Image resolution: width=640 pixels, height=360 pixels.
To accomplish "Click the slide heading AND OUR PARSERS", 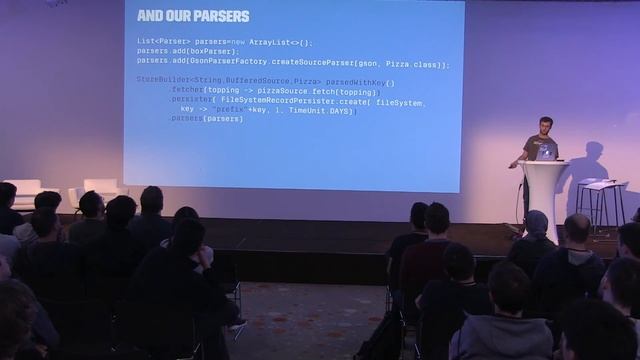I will click(x=193, y=16).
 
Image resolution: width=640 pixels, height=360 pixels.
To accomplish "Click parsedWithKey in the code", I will click(x=359, y=81).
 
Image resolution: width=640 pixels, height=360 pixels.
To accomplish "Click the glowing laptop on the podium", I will click(x=546, y=151).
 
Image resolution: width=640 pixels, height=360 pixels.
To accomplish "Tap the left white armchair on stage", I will click(x=24, y=190).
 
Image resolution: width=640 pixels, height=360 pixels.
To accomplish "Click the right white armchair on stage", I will click(x=99, y=189).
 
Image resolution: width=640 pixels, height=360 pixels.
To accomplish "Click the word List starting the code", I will click(x=146, y=43).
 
